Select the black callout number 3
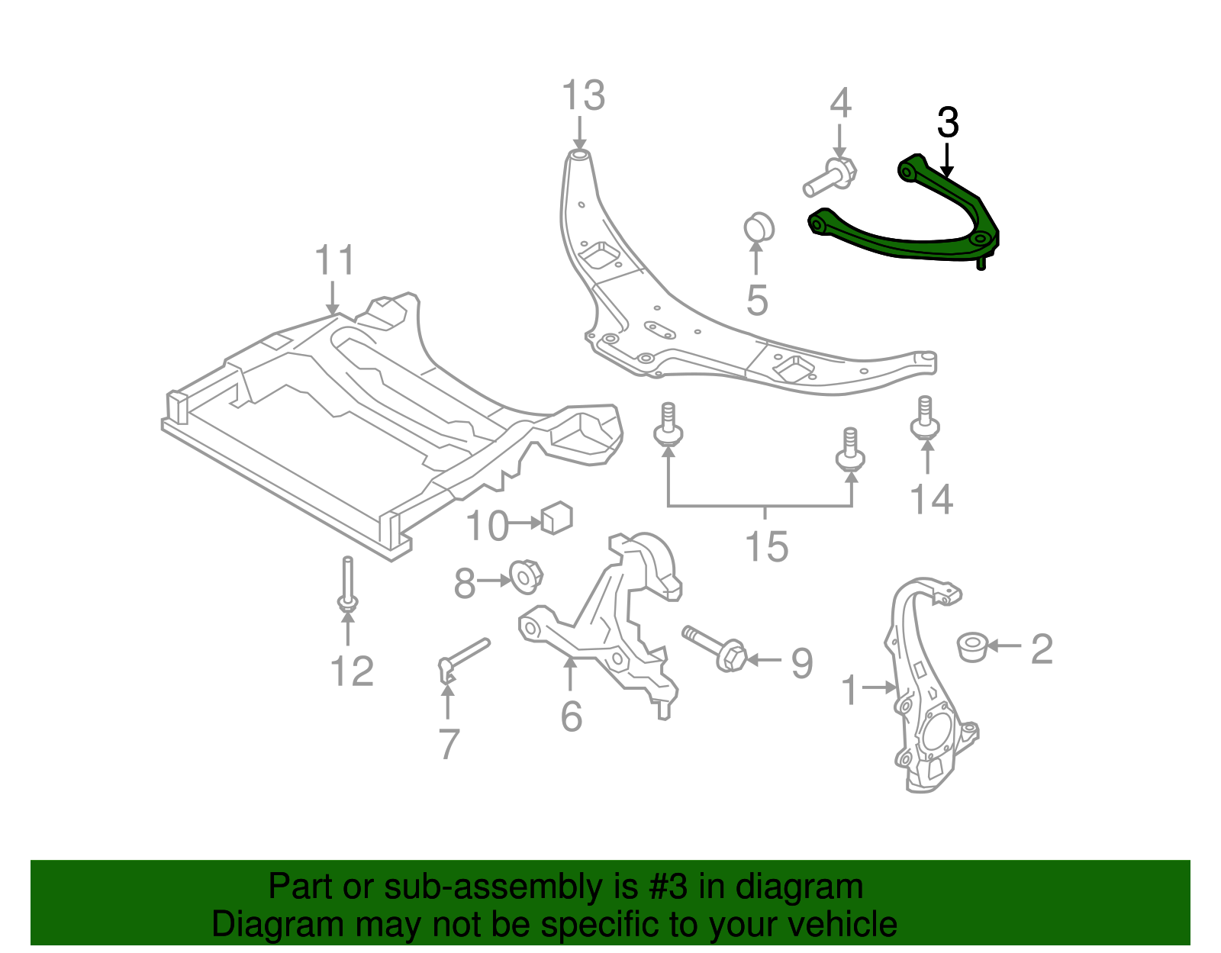(947, 123)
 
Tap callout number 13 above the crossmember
(583, 97)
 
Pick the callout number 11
(334, 261)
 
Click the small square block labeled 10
(556, 517)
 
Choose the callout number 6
(571, 716)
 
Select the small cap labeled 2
(972, 646)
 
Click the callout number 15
(766, 547)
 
